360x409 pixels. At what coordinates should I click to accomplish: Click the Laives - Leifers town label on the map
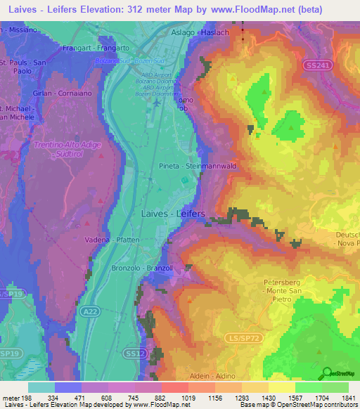[173, 213]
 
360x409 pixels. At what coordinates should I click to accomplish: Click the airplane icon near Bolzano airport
[157, 104]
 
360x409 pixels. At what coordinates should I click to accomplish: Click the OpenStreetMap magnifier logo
[326, 372]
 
